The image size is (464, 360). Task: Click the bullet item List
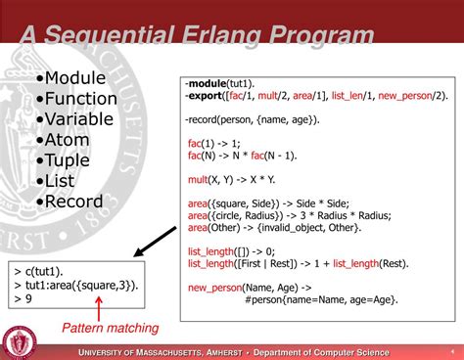(61, 180)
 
